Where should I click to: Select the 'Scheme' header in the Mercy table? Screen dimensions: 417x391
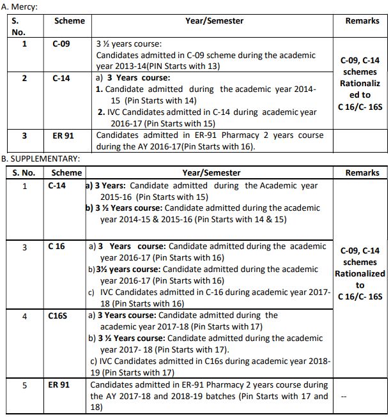[69, 21]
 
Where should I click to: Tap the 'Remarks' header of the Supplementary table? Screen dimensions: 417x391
[362, 172]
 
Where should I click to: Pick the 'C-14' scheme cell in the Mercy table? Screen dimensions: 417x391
[62, 78]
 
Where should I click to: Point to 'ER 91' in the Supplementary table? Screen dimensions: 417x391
[59, 385]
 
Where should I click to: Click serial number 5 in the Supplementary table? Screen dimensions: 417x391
[25, 385]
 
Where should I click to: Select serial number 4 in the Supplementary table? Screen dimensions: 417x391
[25, 315]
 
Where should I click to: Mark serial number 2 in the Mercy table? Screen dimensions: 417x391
[24, 78]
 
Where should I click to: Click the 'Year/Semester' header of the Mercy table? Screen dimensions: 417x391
[214, 21]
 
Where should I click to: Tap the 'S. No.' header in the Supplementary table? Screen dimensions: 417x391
[25, 172]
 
